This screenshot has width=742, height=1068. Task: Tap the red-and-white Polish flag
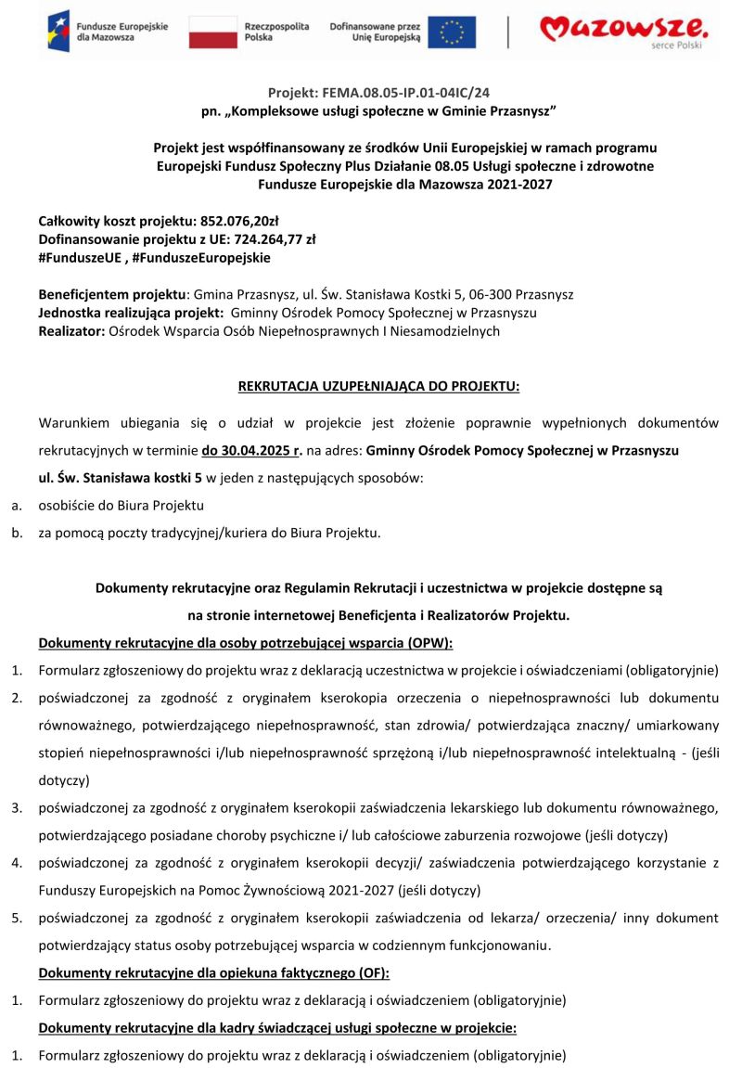[x=213, y=32]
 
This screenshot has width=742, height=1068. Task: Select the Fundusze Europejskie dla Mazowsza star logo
[x=58, y=32]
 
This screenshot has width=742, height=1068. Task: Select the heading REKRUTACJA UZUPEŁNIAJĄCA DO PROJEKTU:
[x=378, y=385]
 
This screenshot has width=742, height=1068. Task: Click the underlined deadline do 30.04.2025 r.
[x=252, y=450]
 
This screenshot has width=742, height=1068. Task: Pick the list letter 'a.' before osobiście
[x=17, y=506]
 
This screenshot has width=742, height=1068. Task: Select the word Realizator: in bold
[x=71, y=330]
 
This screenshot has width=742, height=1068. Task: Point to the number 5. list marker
[x=17, y=919]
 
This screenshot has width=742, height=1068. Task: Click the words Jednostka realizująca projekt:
[x=131, y=313]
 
